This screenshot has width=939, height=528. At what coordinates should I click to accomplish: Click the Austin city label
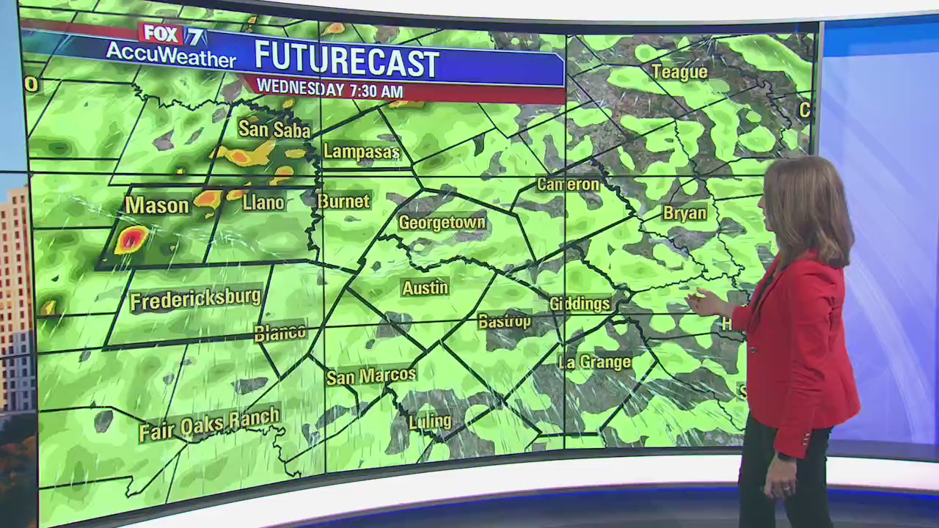tap(425, 287)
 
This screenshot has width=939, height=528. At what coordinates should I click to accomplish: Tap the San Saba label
tap(274, 130)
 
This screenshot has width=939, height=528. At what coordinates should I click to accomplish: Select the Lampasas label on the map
tap(362, 152)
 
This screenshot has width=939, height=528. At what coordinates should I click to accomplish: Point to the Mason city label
tap(157, 205)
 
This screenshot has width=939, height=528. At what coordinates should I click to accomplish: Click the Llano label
tap(263, 202)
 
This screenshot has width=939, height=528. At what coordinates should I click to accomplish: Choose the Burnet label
tap(344, 201)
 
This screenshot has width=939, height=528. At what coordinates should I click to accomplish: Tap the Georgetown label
tap(442, 222)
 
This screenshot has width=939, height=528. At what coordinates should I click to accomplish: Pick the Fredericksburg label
tap(195, 299)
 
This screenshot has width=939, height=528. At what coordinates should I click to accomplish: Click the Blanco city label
tap(279, 333)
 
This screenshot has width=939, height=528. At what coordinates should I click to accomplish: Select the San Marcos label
tap(370, 376)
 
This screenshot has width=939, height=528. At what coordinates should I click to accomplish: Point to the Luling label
tap(430, 421)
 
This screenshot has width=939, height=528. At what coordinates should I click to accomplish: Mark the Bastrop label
tap(504, 321)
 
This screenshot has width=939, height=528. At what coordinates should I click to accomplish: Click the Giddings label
tap(580, 304)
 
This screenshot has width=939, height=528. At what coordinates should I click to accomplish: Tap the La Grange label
tap(594, 362)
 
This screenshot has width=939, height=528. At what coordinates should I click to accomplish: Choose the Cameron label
tap(568, 184)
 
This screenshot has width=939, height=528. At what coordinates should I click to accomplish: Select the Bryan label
tap(684, 213)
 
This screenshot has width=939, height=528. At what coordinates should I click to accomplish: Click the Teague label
tap(679, 72)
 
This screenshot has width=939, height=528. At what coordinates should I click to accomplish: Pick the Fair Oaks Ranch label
tap(209, 425)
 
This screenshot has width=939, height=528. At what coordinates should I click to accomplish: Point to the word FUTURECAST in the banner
tap(346, 61)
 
